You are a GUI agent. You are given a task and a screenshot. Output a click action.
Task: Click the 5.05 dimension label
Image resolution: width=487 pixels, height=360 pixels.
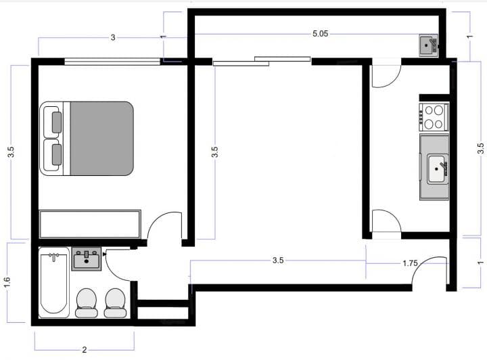coord(320,34)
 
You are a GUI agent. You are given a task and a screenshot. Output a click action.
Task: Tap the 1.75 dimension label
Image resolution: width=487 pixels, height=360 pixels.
coord(410,263)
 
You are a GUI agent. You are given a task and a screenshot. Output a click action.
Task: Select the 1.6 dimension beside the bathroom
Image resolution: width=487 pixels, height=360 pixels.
coord(7,282)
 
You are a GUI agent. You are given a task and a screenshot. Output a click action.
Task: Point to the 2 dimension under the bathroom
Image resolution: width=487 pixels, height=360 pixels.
coord(85,350)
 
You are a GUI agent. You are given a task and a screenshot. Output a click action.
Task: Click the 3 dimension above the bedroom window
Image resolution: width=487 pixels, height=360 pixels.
coord(113,38)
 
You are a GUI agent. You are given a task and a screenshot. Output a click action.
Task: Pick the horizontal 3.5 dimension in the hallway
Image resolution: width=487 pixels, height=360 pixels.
coord(278,261)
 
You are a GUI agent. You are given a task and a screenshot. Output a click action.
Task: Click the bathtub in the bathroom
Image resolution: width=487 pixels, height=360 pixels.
coord(54,282)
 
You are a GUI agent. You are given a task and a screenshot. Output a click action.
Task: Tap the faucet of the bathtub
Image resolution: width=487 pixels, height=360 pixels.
coord(54,256)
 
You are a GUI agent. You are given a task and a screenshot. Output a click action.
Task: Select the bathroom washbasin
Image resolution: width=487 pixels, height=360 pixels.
coord(87,259)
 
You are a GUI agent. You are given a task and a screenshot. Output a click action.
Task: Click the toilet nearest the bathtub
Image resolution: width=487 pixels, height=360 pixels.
coord(87,303)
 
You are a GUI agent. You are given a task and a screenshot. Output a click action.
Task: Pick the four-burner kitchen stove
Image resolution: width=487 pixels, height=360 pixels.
coord(434,117)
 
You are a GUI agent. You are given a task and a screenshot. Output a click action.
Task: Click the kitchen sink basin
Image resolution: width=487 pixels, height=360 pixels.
coord(437,169)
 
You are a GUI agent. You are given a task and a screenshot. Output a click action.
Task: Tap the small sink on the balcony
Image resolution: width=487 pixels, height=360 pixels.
coord(428,45)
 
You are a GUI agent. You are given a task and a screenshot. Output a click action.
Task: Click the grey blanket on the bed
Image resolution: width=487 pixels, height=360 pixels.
coord(102,139)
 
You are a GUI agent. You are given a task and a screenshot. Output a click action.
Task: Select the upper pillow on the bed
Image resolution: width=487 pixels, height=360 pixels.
coord(57,122)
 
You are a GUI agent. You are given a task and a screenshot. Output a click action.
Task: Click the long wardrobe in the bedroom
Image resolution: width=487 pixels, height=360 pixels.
coord(90,224)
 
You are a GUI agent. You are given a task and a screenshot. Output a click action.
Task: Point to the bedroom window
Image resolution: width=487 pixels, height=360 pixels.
coord(112,62)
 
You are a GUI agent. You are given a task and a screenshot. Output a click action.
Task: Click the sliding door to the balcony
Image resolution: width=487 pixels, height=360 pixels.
coord(262,61)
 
